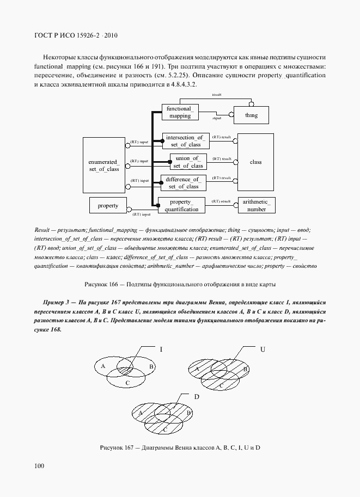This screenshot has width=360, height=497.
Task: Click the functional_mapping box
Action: tap(179, 112)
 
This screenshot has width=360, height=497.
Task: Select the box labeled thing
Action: tap(251, 115)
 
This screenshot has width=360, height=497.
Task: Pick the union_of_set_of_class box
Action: tap(187, 162)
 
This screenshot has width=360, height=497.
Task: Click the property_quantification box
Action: tap(181, 205)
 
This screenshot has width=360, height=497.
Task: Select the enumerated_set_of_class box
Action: tap(103, 165)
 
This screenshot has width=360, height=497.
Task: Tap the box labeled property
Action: tap(108, 206)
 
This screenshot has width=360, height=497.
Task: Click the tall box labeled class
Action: tap(255, 162)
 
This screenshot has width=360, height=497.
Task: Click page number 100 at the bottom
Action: tap(39, 465)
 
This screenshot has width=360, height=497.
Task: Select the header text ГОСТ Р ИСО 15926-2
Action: tap(76, 36)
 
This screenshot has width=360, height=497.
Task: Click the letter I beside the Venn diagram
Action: tap(161, 348)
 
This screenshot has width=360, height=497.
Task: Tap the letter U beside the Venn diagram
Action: tap(263, 348)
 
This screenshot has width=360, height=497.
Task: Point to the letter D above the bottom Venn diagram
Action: tap(196, 396)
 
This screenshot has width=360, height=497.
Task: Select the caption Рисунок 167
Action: tap(180, 447)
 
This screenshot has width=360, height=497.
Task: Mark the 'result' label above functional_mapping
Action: tap(217, 95)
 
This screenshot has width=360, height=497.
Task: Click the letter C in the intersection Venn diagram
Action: tap(126, 383)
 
